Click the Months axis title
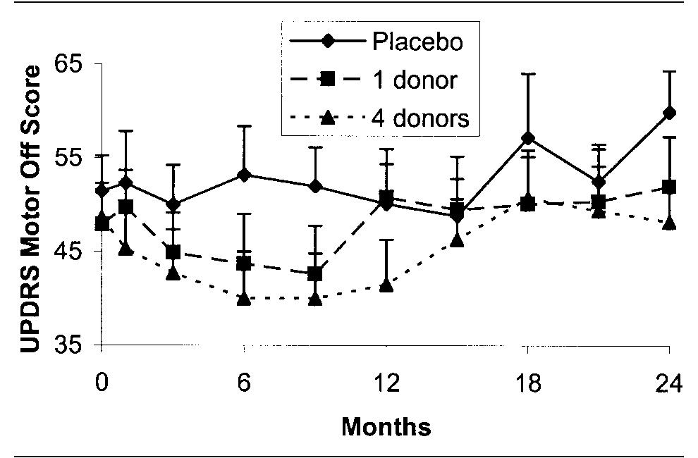[386, 426]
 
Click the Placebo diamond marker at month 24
[668, 112]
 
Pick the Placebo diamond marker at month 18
[527, 137]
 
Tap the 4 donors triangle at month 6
[245, 299]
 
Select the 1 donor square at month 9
[315, 273]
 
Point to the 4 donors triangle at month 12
[386, 285]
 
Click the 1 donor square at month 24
[668, 187]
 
